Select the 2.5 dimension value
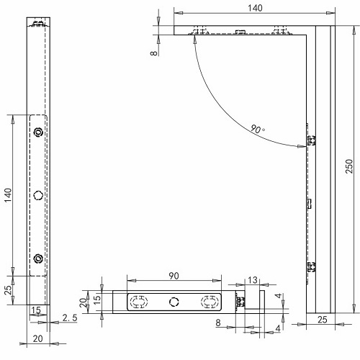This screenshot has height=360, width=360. (x=70, y=318)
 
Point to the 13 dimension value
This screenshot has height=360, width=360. (x=252, y=281)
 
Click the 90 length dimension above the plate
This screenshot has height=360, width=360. (x=174, y=276)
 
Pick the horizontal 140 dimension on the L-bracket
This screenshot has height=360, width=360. (x=254, y=7)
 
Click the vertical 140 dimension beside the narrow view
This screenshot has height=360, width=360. (x=9, y=194)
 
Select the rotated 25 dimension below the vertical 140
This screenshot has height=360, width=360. (x=9, y=291)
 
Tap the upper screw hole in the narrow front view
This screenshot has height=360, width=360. (x=38, y=132)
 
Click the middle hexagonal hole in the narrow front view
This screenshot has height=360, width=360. (x=38, y=195)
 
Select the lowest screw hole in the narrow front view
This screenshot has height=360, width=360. (x=38, y=258)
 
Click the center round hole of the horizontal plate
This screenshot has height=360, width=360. (x=173, y=302)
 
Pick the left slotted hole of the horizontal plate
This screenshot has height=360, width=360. (x=138, y=302)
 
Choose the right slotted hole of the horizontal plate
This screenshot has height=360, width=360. (x=209, y=302)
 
